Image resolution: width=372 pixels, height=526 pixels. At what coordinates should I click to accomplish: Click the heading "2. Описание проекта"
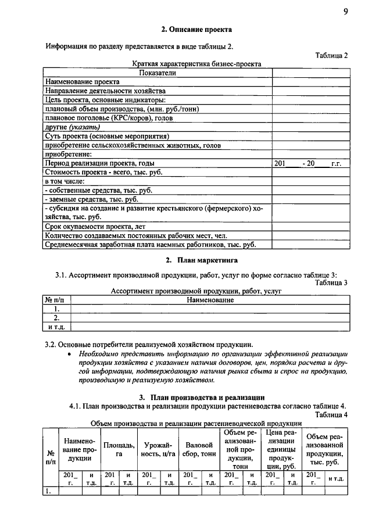pos(196,28)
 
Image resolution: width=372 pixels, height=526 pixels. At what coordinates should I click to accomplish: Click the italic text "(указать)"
pos(85,127)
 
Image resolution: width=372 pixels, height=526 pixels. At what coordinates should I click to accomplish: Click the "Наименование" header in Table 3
pos(210,300)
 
